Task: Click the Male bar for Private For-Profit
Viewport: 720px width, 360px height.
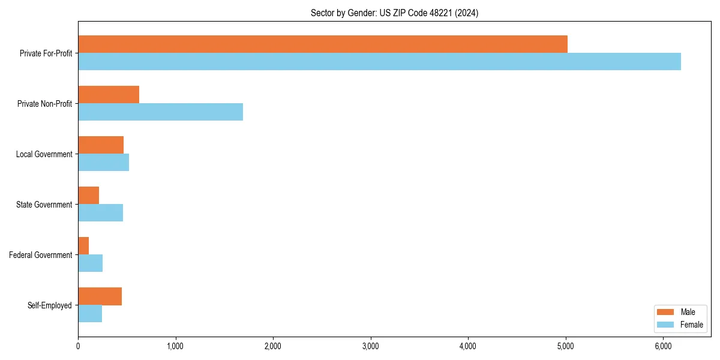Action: coord(323,44)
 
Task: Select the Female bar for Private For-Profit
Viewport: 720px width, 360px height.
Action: coord(379,62)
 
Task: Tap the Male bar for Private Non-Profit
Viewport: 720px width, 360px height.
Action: coord(109,95)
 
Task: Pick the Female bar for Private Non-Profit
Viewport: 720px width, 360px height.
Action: coord(160,112)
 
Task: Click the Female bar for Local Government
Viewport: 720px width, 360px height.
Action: coord(103,163)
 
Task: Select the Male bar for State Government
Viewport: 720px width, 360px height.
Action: coord(88,196)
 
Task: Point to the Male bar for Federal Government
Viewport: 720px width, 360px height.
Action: coord(83,246)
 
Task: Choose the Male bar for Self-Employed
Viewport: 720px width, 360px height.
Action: coord(100,296)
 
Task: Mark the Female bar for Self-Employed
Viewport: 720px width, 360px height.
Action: coord(90,314)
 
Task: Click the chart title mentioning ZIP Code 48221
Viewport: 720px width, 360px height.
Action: coord(394,13)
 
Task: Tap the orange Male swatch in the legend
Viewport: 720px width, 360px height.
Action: coord(666,312)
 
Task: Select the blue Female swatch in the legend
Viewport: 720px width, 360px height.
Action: coord(666,325)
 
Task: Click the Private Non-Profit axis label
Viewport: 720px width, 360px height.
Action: coord(44,104)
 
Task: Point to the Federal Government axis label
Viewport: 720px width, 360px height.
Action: coord(41,255)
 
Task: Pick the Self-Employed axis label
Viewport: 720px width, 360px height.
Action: coord(50,305)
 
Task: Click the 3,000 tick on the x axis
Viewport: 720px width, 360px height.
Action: coord(370,346)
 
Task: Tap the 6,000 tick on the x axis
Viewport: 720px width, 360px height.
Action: coord(663,346)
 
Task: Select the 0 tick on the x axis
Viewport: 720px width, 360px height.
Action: coord(78,346)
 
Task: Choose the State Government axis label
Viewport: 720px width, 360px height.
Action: coord(44,205)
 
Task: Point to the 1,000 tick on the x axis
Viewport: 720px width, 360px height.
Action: coord(175,346)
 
